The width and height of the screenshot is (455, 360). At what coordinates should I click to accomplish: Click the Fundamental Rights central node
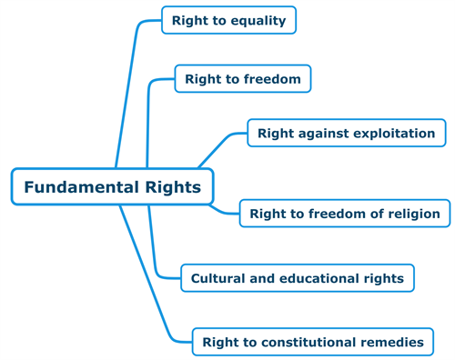pyautogui.click(x=113, y=188)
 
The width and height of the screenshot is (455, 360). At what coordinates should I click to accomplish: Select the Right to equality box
pyautogui.click(x=228, y=20)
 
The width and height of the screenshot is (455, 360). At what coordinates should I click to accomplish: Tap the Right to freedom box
pyautogui.click(x=243, y=79)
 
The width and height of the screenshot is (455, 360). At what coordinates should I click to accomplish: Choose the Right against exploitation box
pyautogui.click(x=346, y=134)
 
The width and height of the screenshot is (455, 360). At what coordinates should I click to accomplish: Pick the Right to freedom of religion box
pyautogui.click(x=344, y=215)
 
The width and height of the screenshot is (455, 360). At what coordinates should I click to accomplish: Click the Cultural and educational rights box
pyautogui.click(x=298, y=278)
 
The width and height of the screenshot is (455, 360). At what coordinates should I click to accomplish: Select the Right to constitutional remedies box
pyautogui.click(x=312, y=343)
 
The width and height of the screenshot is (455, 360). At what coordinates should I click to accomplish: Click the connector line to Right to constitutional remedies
pyautogui.click(x=146, y=273)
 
